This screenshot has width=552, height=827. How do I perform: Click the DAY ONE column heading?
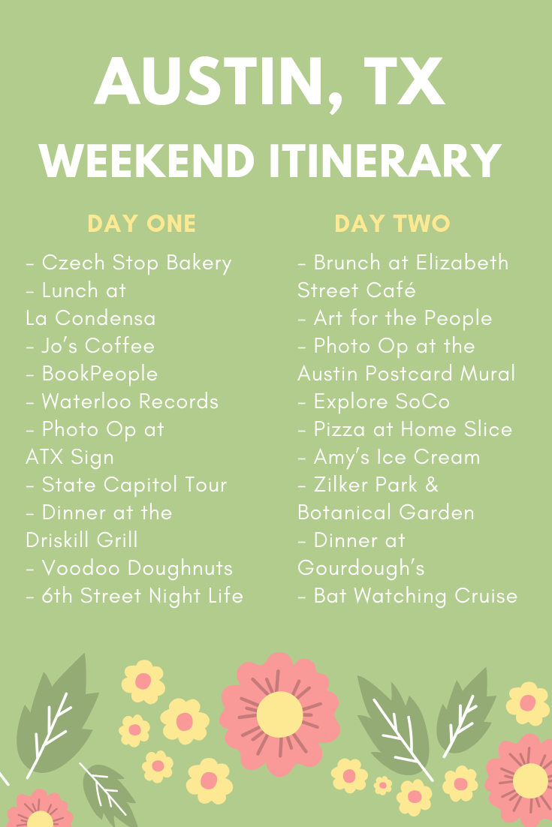(x=142, y=224)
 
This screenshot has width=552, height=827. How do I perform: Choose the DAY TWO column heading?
(x=392, y=224)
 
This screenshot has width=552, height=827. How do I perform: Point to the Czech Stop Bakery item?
(x=129, y=263)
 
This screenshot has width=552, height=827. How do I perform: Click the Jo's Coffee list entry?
(x=91, y=346)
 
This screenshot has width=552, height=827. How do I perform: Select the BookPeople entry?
(x=92, y=374)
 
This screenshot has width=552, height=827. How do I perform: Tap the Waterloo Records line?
(x=122, y=401)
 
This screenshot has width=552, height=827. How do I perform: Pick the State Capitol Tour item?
(x=127, y=485)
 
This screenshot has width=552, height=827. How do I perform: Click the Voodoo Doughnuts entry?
(x=130, y=568)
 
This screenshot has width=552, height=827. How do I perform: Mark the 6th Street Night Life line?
(x=135, y=596)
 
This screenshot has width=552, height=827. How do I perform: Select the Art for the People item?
(x=396, y=318)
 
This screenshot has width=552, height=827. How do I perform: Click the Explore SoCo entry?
(x=375, y=401)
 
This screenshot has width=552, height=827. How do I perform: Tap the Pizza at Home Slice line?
(x=406, y=429)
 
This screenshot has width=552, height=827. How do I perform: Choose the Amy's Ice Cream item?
(x=390, y=457)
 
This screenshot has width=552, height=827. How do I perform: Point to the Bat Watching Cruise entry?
(x=409, y=596)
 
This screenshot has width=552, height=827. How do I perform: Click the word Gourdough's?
(x=361, y=568)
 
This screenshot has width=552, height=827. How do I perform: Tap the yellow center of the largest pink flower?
(x=279, y=714)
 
